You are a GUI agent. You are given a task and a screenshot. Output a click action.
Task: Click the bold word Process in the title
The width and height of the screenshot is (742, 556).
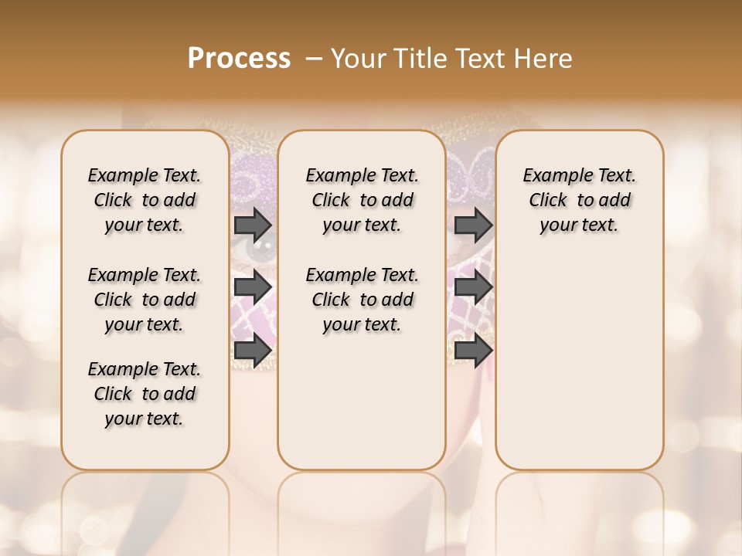click(239, 59)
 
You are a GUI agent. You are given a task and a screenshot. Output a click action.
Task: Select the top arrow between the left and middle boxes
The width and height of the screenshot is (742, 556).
click(253, 225)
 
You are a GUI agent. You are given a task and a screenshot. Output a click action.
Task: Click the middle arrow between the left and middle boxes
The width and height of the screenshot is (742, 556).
click(253, 288)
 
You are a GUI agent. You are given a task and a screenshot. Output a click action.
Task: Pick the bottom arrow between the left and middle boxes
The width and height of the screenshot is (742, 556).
click(253, 350)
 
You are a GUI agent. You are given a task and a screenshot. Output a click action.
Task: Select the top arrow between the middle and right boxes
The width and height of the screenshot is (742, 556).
click(474, 225)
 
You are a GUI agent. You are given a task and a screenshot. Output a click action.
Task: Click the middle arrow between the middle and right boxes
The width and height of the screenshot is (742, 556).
click(474, 288)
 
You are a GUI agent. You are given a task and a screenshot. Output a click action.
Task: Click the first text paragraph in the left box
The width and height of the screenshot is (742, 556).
click(145, 200)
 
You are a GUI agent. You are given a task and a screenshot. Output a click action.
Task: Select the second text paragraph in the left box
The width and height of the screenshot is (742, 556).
click(145, 300)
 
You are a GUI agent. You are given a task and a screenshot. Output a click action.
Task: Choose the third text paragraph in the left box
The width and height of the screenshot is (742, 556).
click(145, 394)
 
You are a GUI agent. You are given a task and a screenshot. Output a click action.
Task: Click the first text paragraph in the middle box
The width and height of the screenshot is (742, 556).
click(362, 200)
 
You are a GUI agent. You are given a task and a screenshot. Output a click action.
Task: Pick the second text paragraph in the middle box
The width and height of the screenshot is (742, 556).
click(362, 300)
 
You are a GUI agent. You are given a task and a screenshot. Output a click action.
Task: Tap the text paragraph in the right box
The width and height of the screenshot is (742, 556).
click(580, 200)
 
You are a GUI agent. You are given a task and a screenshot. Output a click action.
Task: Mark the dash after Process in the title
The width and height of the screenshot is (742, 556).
click(314, 59)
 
